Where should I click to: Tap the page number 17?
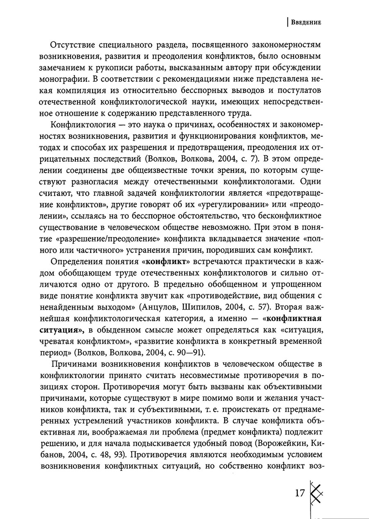click(300, 492)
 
